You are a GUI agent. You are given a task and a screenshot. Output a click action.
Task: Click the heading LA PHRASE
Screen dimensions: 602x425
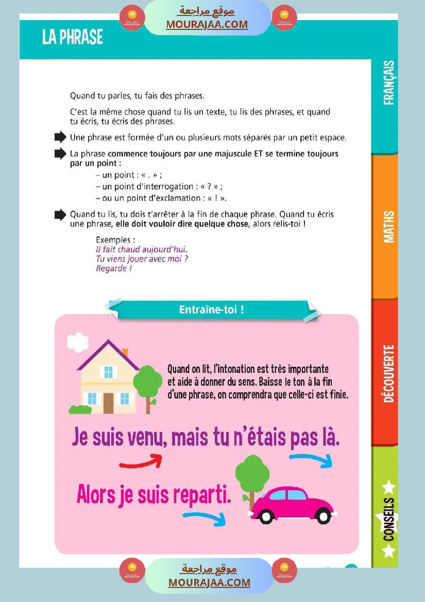[x=73, y=37]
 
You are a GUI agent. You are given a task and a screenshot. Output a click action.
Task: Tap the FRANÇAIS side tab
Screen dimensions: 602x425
[x=389, y=83]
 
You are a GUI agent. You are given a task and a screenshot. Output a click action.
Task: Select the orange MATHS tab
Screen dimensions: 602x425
[x=389, y=226]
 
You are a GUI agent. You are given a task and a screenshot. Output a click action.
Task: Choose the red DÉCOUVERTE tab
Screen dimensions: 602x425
[x=389, y=373]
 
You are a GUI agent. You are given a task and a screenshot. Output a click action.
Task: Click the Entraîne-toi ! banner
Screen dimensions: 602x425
[x=211, y=309]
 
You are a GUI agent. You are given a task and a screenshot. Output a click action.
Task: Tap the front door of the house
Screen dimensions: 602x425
[x=108, y=402]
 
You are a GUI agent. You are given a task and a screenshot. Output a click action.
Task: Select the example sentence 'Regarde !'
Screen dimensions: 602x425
[x=114, y=268]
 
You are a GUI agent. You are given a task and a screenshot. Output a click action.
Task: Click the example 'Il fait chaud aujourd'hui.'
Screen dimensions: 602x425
[x=134, y=249]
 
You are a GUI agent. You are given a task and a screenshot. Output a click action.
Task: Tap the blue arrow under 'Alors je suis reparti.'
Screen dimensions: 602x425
[x=205, y=518]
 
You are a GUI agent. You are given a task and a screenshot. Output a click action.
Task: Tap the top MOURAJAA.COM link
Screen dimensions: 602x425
[x=207, y=24]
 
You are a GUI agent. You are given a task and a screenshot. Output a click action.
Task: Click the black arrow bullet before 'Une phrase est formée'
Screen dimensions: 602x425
[x=60, y=137]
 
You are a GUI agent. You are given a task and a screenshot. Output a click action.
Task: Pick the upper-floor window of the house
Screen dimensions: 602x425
[x=108, y=372]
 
